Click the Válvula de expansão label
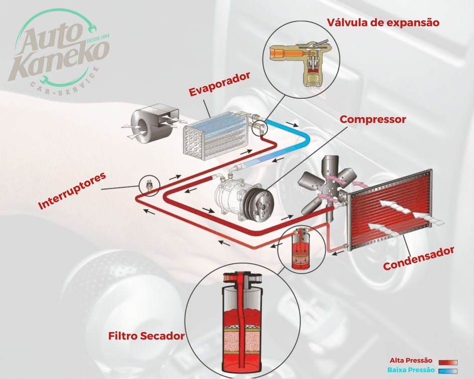click(383, 23)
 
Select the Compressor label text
click(373, 120)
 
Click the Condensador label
click(419, 258)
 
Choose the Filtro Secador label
click(146, 335)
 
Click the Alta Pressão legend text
click(411, 360)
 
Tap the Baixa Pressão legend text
click(410, 369)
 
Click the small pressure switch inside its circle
click(149, 186)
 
